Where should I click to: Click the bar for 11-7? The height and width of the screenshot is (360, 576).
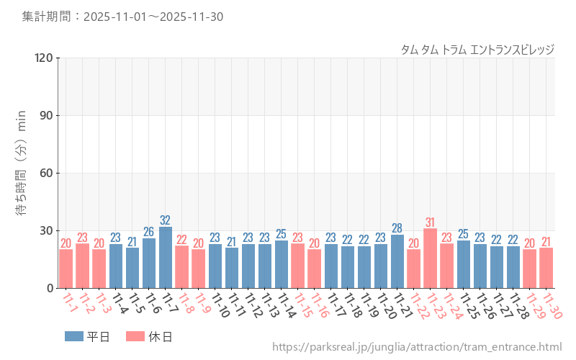pos(166,258)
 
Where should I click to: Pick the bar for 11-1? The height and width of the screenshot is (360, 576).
pos(66,269)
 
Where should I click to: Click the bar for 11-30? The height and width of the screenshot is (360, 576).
pos(546,268)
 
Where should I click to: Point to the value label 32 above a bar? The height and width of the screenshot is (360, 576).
pos(166,220)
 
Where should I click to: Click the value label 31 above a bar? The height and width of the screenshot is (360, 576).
pos(431,222)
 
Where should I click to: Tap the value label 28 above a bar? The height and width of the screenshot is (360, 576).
pos(397,228)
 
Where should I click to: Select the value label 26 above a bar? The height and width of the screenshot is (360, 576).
pos(149,232)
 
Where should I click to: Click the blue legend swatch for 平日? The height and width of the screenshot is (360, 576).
pos(74,336)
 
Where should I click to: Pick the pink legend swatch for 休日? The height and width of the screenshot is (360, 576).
pos(135,336)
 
